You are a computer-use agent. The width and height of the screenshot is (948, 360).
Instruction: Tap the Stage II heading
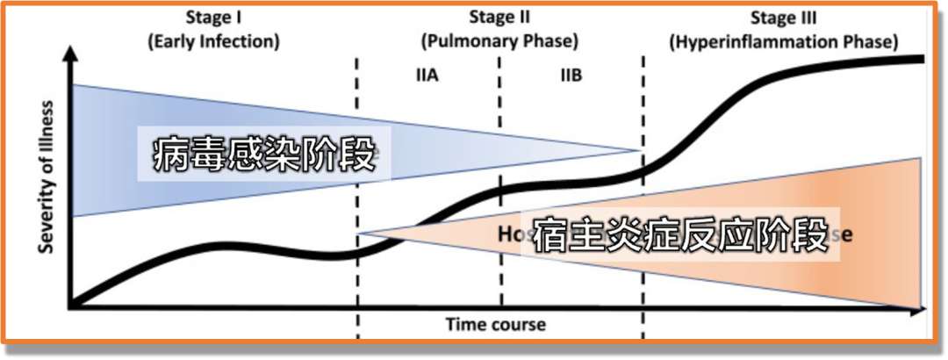(x=499, y=16)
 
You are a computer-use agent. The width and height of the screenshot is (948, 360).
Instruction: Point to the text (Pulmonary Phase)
(x=499, y=40)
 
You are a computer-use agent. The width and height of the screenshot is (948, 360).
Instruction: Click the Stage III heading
(x=784, y=17)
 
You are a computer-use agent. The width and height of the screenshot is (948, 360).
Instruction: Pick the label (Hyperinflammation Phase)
(x=784, y=41)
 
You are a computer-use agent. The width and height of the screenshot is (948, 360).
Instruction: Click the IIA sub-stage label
(x=427, y=75)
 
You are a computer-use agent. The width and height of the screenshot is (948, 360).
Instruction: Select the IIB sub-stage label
(x=571, y=75)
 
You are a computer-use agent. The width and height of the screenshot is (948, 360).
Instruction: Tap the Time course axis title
(x=495, y=324)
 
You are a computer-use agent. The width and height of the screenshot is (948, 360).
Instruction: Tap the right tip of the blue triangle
(x=639, y=150)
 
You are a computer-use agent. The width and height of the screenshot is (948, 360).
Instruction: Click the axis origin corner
(x=73, y=307)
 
